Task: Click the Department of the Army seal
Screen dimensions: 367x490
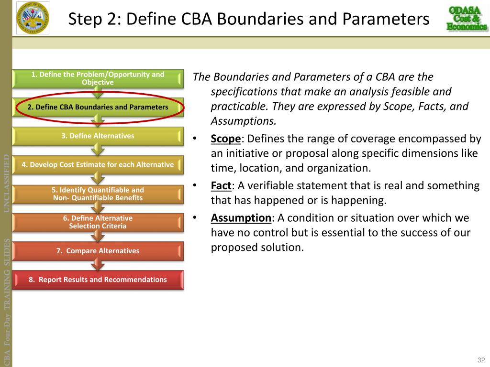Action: (x=33, y=19)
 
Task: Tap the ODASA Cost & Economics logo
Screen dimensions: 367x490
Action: (x=466, y=19)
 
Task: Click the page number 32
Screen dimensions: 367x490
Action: (x=481, y=360)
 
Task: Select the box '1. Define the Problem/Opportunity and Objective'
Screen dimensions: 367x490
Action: (x=98, y=78)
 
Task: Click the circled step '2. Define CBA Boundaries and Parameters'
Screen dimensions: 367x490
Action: (x=98, y=107)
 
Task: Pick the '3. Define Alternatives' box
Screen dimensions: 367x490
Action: (x=98, y=136)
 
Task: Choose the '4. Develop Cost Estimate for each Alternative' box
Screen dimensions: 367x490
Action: (x=98, y=165)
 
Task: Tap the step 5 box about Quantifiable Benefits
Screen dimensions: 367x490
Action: (x=98, y=194)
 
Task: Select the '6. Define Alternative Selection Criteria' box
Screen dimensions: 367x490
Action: (x=98, y=222)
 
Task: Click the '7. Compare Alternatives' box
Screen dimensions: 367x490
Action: (x=98, y=251)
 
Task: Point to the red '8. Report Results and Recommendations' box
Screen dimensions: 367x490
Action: (x=98, y=280)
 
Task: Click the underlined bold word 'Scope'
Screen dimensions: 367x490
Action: (x=225, y=139)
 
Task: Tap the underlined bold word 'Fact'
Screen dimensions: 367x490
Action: (x=221, y=185)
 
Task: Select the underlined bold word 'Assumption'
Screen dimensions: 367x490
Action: (x=241, y=218)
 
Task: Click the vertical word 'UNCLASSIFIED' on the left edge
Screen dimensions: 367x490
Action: (x=7, y=183)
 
